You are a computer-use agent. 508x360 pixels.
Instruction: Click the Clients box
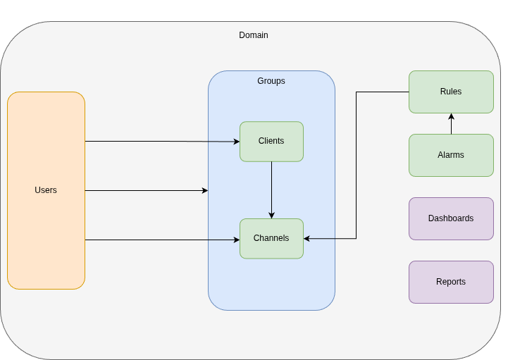(x=271, y=141)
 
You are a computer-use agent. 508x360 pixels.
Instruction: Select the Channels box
(x=271, y=238)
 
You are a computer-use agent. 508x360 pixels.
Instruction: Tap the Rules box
(x=451, y=92)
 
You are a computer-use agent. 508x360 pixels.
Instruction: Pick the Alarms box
(x=451, y=155)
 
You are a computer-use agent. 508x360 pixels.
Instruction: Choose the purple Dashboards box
(x=451, y=218)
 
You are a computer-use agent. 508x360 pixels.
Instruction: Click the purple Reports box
(x=451, y=282)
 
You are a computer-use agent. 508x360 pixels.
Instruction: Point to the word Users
(x=46, y=190)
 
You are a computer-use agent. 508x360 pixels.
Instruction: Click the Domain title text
(x=254, y=35)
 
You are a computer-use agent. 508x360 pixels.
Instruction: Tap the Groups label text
(x=271, y=81)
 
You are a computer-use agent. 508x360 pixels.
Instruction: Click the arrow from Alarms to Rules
(x=451, y=125)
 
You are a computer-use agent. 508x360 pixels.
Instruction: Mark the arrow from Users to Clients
(x=162, y=141)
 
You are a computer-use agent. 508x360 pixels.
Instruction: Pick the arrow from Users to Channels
(x=162, y=240)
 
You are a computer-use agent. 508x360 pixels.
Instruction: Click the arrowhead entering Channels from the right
(x=307, y=239)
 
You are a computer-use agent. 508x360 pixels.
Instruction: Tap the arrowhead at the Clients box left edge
(x=236, y=142)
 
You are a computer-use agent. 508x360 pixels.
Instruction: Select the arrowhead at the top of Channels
(x=271, y=215)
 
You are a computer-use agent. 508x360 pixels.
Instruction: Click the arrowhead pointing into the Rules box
(x=451, y=116)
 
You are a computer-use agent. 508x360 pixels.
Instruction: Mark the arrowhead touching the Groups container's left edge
(x=205, y=190)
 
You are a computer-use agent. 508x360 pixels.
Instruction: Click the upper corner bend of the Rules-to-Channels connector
(x=356, y=92)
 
